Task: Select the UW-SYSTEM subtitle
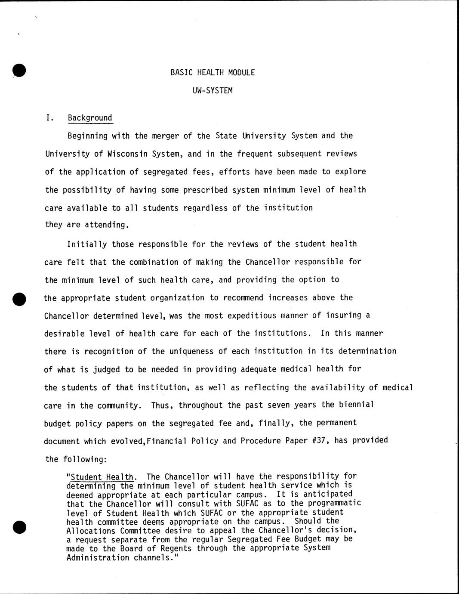(213, 91)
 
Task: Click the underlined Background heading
(90, 118)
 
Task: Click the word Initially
(87, 244)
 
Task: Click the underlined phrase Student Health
(102, 477)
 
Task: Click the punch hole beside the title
(19, 70)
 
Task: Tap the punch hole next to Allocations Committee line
(19, 527)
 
